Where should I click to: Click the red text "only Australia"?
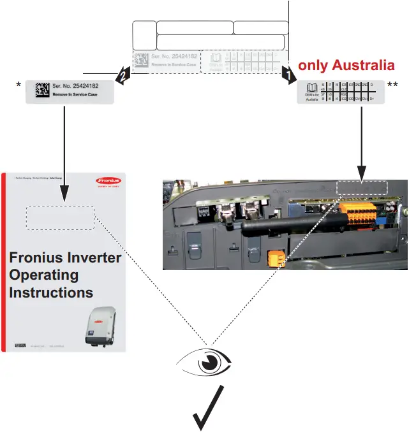tap(346, 65)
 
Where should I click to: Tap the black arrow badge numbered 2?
tap(123, 75)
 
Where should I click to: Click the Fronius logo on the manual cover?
tap(108, 181)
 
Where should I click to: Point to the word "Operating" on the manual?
tap(44, 275)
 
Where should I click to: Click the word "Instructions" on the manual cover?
tap(51, 293)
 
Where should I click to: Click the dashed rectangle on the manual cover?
tap(60, 217)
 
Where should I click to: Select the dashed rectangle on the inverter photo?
tap(362, 188)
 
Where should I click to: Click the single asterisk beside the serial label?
tap(19, 86)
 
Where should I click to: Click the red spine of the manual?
tap(3, 262)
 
